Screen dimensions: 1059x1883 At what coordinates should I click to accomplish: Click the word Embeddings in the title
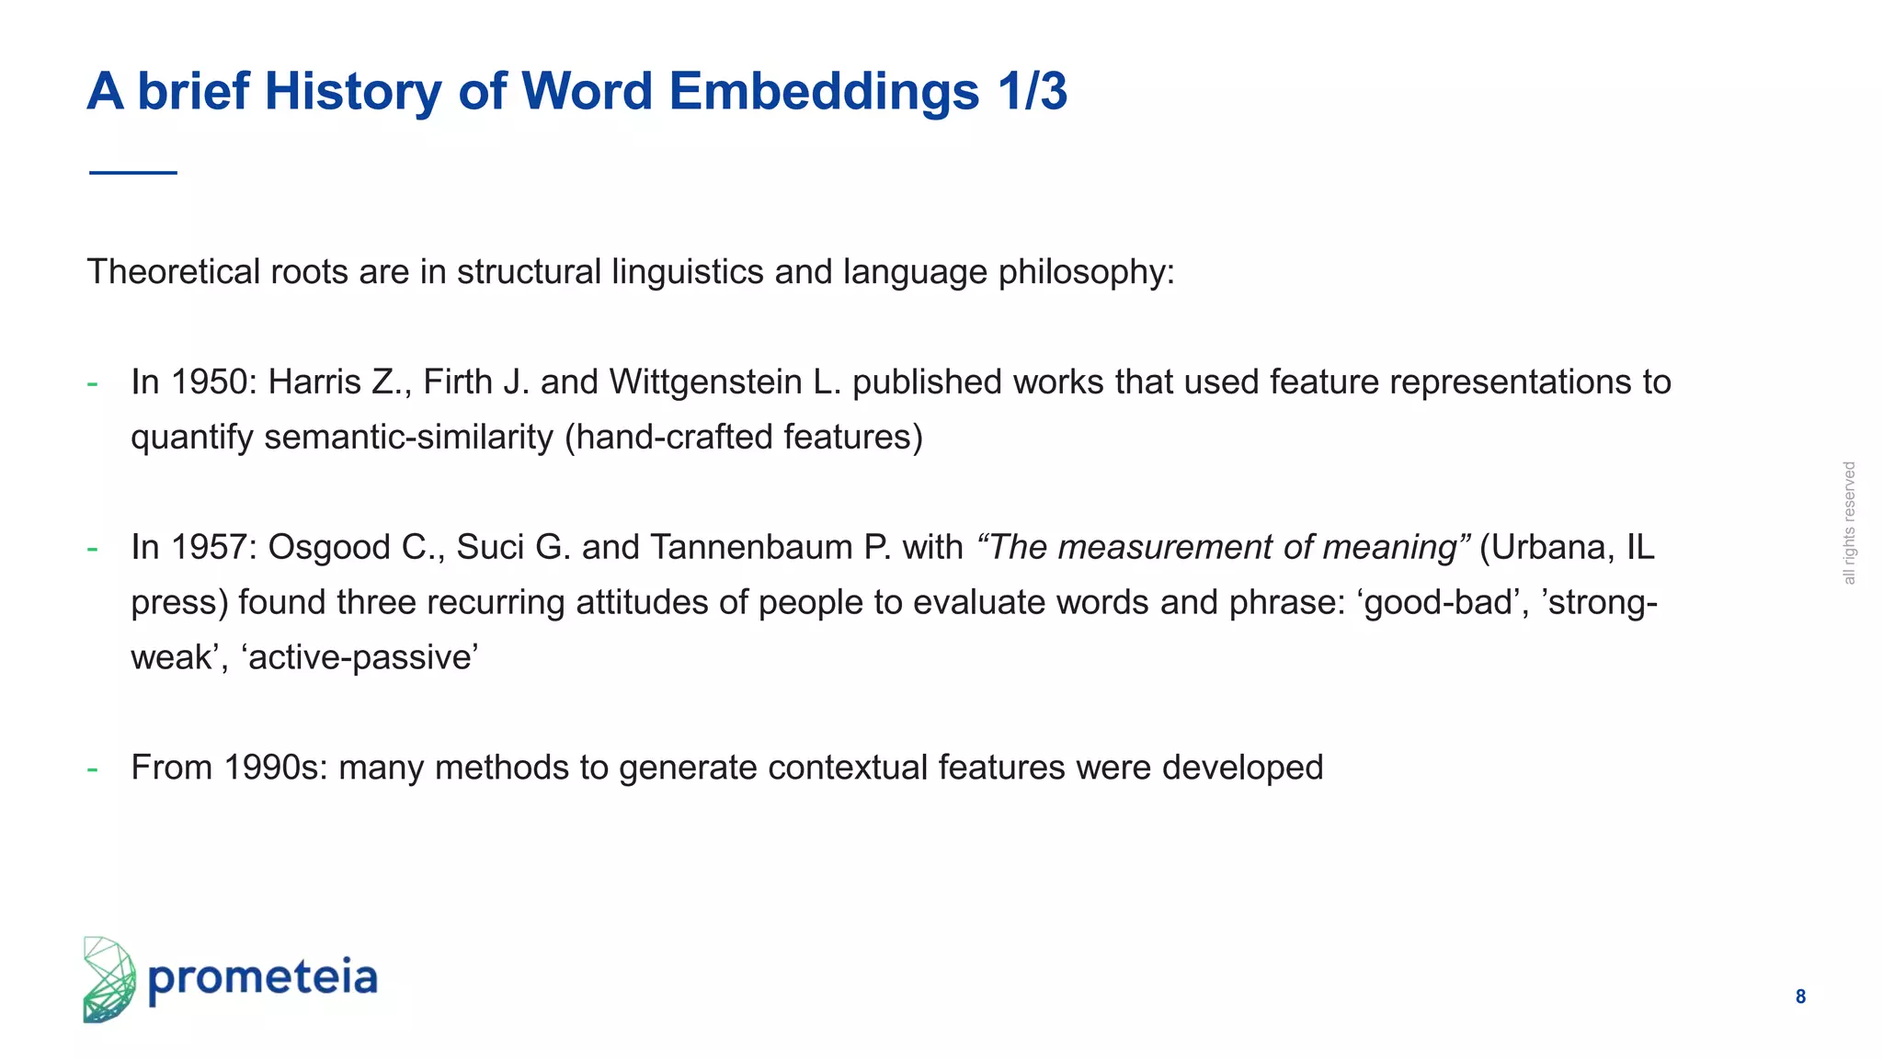click(x=823, y=92)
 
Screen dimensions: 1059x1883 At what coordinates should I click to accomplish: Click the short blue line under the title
click(x=133, y=172)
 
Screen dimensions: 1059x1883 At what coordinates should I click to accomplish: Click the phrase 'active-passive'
click(x=359, y=657)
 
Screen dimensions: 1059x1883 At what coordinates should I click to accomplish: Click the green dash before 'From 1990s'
click(x=92, y=768)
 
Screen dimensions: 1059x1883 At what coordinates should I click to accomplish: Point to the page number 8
click(x=1800, y=996)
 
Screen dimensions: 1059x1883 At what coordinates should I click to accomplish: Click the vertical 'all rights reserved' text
click(x=1849, y=523)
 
